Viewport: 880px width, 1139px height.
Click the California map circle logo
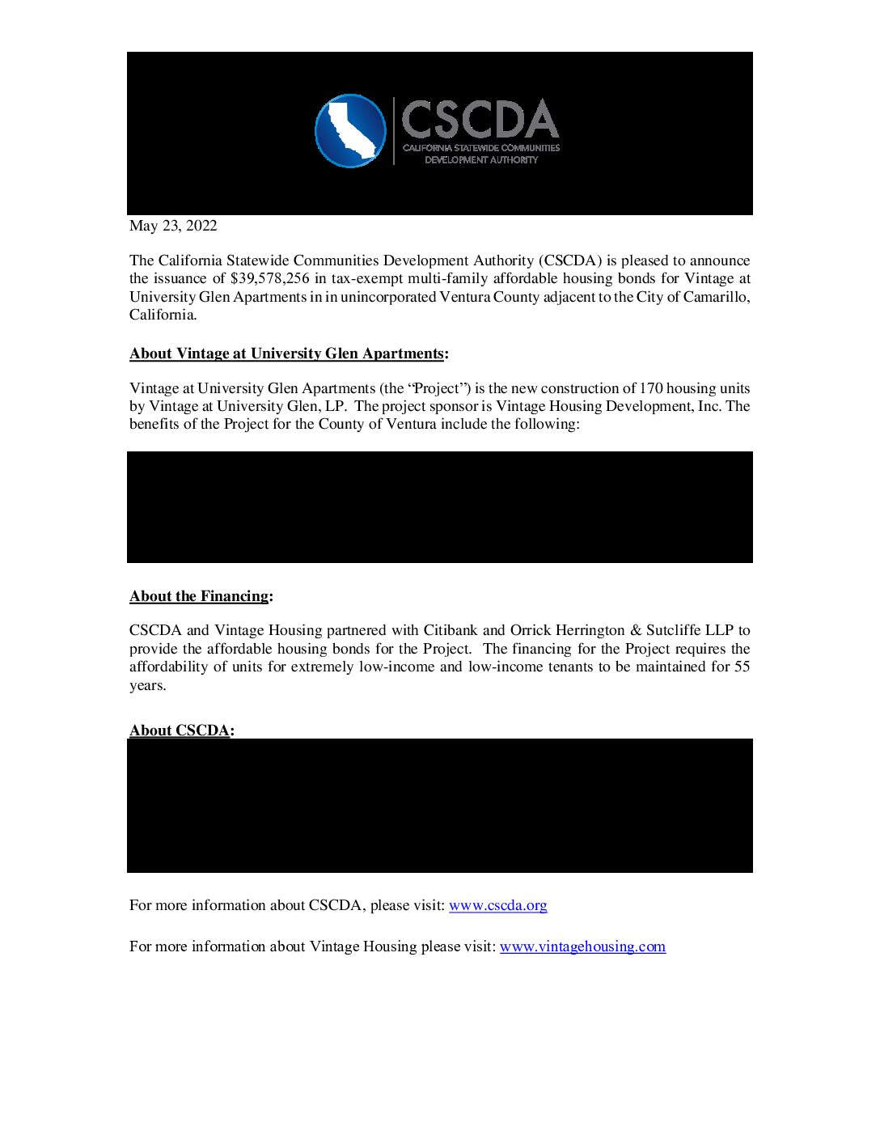350,131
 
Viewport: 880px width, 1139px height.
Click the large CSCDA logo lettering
480,120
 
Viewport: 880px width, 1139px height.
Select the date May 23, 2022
173,226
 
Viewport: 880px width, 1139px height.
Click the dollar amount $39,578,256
269,278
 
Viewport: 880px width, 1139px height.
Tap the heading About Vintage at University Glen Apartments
286,354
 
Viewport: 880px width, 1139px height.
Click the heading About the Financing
199,596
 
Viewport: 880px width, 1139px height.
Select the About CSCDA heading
180,730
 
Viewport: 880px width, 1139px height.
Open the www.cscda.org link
497,905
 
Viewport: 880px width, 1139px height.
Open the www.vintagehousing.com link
582,946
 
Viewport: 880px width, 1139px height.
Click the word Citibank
451,630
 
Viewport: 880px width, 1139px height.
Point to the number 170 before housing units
650,388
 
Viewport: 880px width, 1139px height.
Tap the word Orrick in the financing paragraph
531,630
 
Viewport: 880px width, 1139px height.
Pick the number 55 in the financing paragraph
742,667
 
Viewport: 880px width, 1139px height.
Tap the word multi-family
448,278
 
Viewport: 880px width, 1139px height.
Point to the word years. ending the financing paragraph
147,685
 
